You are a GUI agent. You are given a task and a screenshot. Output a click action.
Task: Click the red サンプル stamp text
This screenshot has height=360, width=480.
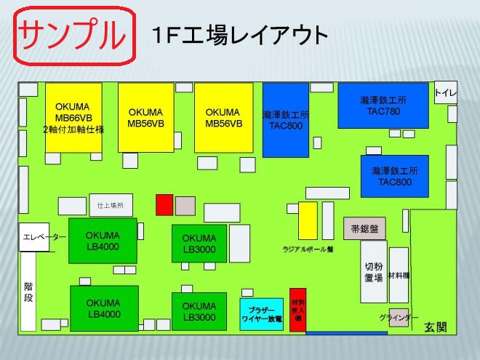pos(74,34)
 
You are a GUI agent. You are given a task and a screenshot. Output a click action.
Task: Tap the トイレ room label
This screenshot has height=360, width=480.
pos(445,93)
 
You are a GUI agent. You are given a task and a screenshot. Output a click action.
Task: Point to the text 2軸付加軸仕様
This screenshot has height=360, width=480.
pos(73,130)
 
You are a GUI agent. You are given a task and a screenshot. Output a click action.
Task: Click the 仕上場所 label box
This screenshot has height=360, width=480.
pos(111,206)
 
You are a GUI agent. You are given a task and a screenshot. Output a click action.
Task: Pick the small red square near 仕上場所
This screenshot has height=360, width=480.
pos(164,204)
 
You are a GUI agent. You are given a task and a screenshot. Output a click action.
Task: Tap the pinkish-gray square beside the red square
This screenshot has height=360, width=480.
pos(185,205)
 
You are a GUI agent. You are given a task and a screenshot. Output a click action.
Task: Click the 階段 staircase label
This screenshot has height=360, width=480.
pos(28,293)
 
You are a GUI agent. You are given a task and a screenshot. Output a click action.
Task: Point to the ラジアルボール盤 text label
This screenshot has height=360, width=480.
pos(308,249)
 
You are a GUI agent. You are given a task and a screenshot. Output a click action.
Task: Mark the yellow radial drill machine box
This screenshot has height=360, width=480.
pos(308,220)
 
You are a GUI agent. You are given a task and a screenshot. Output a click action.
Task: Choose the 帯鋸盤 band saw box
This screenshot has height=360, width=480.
pos(364,228)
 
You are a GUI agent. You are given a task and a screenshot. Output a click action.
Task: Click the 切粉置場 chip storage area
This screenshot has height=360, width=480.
pos(374,271)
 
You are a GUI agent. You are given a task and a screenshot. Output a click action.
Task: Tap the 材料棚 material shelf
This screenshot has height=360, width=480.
pos(399,275)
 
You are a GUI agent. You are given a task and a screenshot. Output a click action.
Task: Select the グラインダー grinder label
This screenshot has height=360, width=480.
pos(399,318)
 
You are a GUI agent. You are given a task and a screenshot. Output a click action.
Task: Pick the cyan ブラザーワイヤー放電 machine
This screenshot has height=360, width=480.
pos(261,313)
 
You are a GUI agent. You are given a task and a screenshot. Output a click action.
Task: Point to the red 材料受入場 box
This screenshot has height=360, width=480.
pos(297,310)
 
